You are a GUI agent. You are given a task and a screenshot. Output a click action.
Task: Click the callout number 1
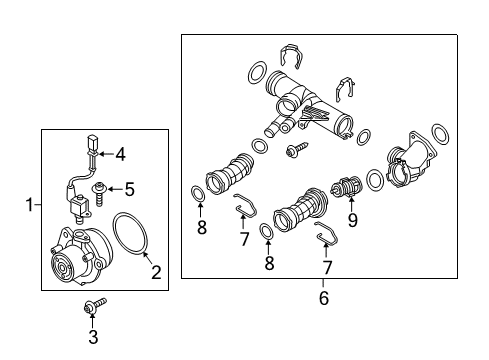30,204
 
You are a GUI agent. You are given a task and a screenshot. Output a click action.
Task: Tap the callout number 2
156,272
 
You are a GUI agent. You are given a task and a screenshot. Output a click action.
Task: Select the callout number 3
93,337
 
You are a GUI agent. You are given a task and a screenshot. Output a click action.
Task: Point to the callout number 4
120,155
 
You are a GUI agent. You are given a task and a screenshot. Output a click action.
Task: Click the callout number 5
129,189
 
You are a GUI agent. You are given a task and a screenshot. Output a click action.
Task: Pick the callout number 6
324,298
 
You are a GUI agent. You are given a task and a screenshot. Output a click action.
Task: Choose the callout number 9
352,220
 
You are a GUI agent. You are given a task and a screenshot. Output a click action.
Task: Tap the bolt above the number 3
95,305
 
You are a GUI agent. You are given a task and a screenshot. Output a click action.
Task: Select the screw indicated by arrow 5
99,194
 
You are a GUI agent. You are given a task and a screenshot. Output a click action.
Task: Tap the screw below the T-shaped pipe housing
296,149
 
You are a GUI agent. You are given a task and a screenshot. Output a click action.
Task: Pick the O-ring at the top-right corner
440,134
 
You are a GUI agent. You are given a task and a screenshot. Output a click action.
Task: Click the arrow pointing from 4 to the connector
106,154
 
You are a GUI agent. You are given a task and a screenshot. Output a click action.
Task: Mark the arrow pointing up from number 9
351,205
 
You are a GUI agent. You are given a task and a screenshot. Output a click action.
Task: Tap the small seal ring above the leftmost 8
197,194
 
